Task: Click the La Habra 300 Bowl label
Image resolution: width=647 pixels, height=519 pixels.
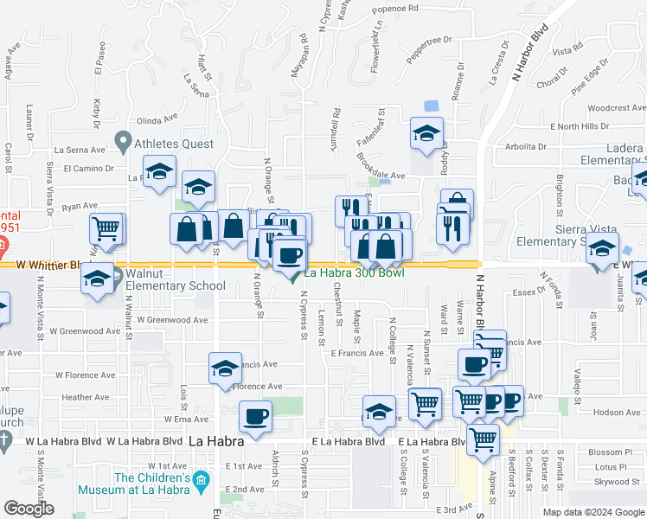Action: pyautogui.click(x=356, y=273)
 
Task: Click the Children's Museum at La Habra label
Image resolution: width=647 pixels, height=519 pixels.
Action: pyautogui.click(x=152, y=484)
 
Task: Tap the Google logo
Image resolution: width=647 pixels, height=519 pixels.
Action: pyautogui.click(x=29, y=509)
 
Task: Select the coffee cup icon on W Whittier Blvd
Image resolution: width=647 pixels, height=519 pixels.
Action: pyautogui.click(x=289, y=255)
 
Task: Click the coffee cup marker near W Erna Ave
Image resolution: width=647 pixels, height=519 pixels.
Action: pyautogui.click(x=254, y=417)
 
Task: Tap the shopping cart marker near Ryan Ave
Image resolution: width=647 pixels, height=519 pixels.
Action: pyautogui.click(x=106, y=229)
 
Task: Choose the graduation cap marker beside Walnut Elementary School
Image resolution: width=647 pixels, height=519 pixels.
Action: pyautogui.click(x=97, y=279)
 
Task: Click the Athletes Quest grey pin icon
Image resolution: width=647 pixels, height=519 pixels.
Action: pyautogui.click(x=123, y=140)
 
